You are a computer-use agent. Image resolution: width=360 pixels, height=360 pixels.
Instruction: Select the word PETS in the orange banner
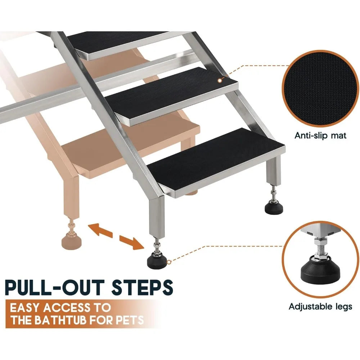[131, 320]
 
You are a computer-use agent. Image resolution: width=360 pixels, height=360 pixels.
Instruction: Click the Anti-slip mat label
[320, 136]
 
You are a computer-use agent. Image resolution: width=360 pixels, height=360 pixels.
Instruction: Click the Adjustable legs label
[320, 307]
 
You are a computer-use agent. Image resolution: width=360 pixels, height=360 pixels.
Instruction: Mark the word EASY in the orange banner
[27, 308]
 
